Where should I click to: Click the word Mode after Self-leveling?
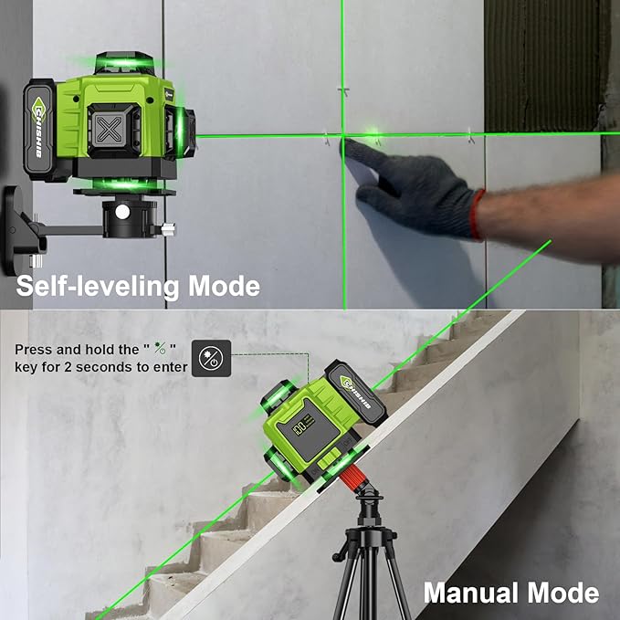(224, 286)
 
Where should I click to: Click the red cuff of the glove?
(476, 214)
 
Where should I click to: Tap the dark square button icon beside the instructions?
(206, 357)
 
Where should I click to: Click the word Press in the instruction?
(33, 350)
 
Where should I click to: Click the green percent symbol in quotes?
(159, 350)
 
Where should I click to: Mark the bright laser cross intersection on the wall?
(343, 136)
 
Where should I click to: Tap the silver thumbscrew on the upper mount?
(169, 226)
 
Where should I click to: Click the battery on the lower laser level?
(356, 394)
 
